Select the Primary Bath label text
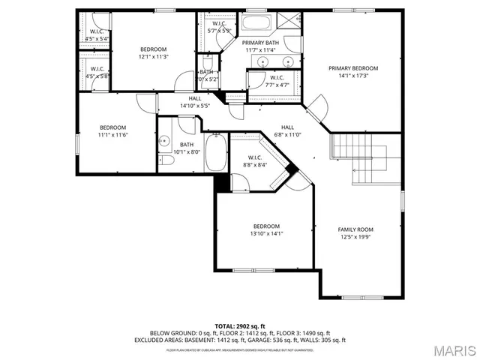260,43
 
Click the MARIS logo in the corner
451,349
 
